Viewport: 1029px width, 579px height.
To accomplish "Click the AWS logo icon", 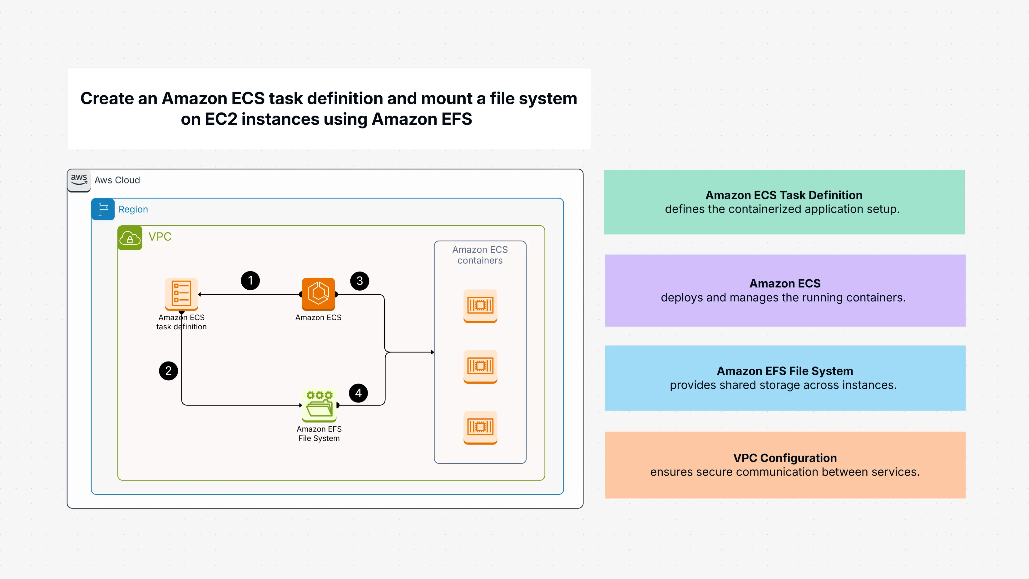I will tap(79, 180).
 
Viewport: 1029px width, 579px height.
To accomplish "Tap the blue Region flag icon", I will tap(103, 209).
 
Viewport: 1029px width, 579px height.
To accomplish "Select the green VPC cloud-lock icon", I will tap(130, 238).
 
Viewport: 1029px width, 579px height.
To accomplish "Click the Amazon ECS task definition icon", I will tap(181, 294).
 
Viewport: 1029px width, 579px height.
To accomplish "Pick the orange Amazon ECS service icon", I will tap(318, 294).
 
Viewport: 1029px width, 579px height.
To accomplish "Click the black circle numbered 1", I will tap(250, 281).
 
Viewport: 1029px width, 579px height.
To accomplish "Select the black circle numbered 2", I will tap(169, 371).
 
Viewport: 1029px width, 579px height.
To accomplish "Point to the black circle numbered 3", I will tap(359, 281).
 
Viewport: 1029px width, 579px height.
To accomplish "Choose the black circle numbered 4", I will tap(358, 393).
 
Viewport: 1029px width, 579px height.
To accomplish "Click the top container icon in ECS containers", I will tap(480, 306).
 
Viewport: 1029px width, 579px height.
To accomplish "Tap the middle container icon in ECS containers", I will tap(480, 366).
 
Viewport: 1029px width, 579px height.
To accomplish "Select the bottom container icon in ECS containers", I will tap(480, 427).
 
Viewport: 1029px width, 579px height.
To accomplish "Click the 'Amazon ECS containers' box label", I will tap(480, 255).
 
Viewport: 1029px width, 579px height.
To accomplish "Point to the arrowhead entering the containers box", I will tap(432, 352).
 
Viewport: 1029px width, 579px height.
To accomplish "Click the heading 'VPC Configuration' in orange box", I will tap(784, 458).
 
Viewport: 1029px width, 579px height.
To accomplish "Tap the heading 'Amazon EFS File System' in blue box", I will tap(784, 371).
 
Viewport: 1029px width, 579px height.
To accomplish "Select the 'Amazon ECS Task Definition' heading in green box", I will tap(784, 195).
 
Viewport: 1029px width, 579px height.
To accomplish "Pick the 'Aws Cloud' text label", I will tap(117, 180).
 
